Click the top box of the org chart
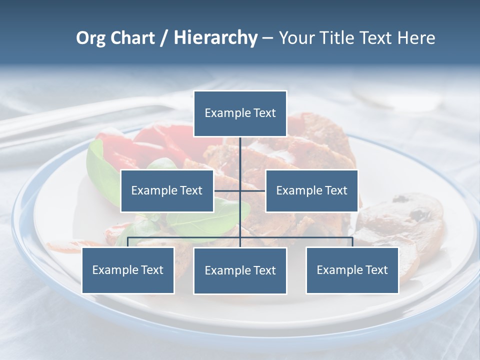[x=240, y=113]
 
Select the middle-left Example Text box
[x=167, y=190]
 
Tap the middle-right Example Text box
[x=311, y=190]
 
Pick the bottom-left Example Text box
[x=128, y=270]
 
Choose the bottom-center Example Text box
[x=240, y=270]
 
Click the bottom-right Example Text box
[x=352, y=270]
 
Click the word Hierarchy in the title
[x=215, y=38]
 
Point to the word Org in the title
[x=91, y=38]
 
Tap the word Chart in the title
[x=132, y=38]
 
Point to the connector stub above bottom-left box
[x=128, y=242]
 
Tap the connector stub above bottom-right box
[x=352, y=242]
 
